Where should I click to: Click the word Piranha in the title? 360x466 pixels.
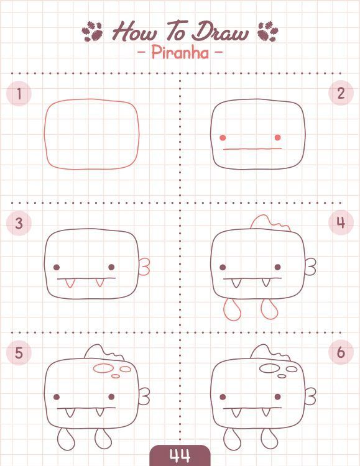click(x=180, y=53)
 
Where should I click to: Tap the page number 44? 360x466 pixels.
click(x=180, y=455)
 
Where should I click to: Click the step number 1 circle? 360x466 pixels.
click(x=19, y=94)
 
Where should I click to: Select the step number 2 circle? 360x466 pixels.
click(x=341, y=93)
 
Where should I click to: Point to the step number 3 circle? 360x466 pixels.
click(x=19, y=223)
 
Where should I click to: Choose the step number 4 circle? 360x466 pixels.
click(x=341, y=222)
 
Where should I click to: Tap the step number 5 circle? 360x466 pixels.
click(x=19, y=353)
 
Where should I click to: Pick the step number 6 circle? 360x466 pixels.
click(x=341, y=352)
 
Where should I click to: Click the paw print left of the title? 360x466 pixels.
click(x=92, y=31)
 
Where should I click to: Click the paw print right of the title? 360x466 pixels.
click(x=268, y=31)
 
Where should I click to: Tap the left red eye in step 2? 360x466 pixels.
click(x=223, y=137)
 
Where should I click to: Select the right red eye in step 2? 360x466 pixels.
click(x=277, y=137)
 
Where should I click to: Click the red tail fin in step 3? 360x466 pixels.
click(x=145, y=267)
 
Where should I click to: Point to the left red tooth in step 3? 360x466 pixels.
click(x=69, y=283)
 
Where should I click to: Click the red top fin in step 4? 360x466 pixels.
click(x=270, y=222)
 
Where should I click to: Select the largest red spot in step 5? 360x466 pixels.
click(x=103, y=368)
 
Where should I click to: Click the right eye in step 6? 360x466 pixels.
click(x=277, y=397)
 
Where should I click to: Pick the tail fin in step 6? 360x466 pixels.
click(x=311, y=396)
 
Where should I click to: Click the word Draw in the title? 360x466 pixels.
click(x=219, y=31)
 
